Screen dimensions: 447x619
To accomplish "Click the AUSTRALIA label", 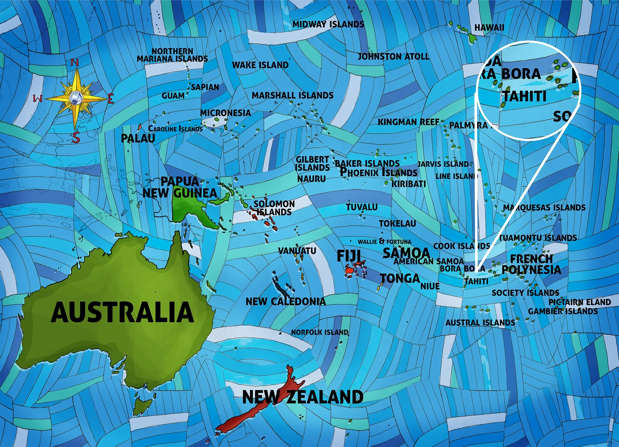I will [x=122, y=312].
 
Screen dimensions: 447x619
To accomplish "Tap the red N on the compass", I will [x=75, y=63].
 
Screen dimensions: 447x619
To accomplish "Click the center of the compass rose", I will [x=76, y=98].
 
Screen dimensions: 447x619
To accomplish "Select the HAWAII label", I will [x=489, y=27].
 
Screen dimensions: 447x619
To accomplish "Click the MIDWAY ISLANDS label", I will [x=328, y=24].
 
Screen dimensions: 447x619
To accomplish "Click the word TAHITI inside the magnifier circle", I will [x=524, y=96].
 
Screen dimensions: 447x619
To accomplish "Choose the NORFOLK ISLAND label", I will [x=319, y=332].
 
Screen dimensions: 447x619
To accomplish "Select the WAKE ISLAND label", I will [x=260, y=65].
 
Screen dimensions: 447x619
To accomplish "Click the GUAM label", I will [x=173, y=96].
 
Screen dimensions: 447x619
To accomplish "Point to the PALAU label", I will [x=138, y=138].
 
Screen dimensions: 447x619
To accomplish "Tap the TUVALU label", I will [x=361, y=207].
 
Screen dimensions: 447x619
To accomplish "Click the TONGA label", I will [x=400, y=278].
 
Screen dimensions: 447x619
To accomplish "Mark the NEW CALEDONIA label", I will [x=286, y=301].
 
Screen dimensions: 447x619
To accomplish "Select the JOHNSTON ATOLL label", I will [x=393, y=56].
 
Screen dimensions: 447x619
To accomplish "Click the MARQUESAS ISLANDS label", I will [x=544, y=207].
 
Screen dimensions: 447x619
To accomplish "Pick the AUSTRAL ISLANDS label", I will [x=480, y=322].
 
